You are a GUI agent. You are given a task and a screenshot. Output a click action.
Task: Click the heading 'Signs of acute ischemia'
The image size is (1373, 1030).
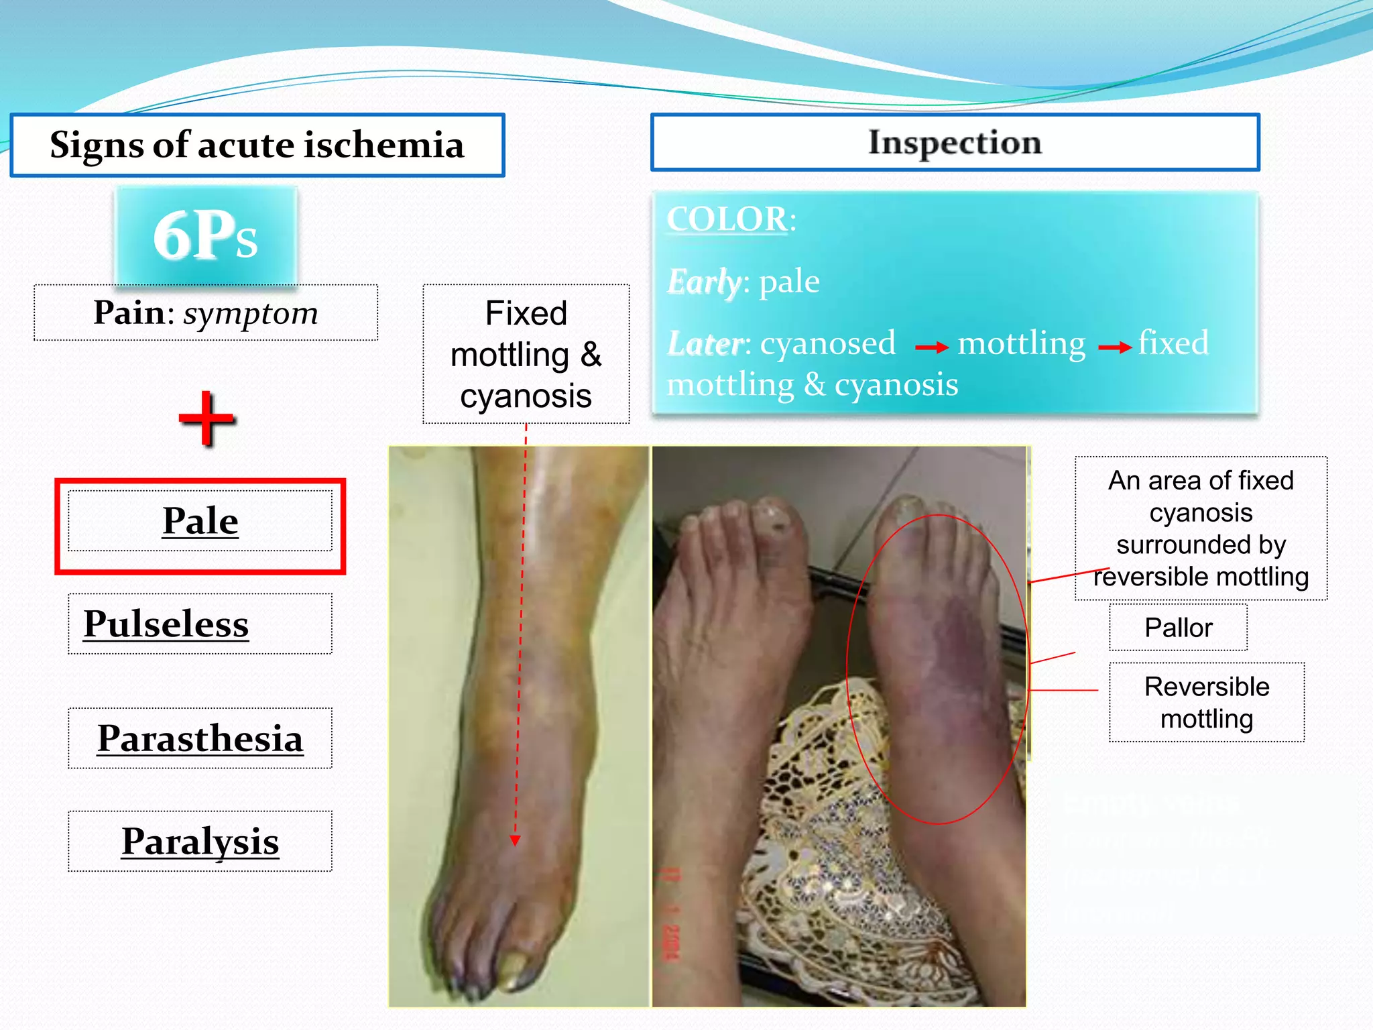pyautogui.click(x=257, y=145)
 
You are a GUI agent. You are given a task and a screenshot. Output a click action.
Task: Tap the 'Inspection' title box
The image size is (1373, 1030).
pyautogui.click(x=955, y=142)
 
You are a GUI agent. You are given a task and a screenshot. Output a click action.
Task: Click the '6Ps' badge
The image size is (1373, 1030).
pyautogui.click(x=205, y=235)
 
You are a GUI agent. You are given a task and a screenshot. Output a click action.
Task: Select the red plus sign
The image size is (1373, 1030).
pyautogui.click(x=207, y=418)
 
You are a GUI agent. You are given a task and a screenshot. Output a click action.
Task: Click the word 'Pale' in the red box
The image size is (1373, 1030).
pyautogui.click(x=200, y=521)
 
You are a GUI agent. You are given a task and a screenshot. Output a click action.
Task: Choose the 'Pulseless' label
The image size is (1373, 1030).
pyautogui.click(x=166, y=624)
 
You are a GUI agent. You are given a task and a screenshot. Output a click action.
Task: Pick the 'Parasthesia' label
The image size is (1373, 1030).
pyautogui.click(x=200, y=738)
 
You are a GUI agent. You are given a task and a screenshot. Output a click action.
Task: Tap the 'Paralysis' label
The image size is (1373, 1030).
pyautogui.click(x=200, y=842)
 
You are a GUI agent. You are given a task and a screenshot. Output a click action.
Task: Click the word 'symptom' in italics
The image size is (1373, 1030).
pyautogui.click(x=251, y=313)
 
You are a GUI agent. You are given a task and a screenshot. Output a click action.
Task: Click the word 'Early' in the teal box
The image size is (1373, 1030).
pyautogui.click(x=704, y=282)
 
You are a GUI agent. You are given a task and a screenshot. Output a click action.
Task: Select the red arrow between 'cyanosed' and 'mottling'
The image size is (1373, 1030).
pyautogui.click(x=932, y=347)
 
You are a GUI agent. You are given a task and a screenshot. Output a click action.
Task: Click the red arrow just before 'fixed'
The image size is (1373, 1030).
pyautogui.click(x=1114, y=347)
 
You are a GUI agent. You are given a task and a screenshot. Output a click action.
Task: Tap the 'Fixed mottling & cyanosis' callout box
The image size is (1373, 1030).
pyautogui.click(x=526, y=354)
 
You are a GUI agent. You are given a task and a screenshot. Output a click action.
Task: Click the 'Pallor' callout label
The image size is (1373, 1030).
pyautogui.click(x=1178, y=628)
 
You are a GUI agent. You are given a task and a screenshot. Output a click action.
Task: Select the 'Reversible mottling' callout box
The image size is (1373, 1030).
pyautogui.click(x=1207, y=702)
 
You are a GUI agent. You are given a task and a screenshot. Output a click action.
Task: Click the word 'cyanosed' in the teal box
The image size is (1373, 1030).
pyautogui.click(x=827, y=343)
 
